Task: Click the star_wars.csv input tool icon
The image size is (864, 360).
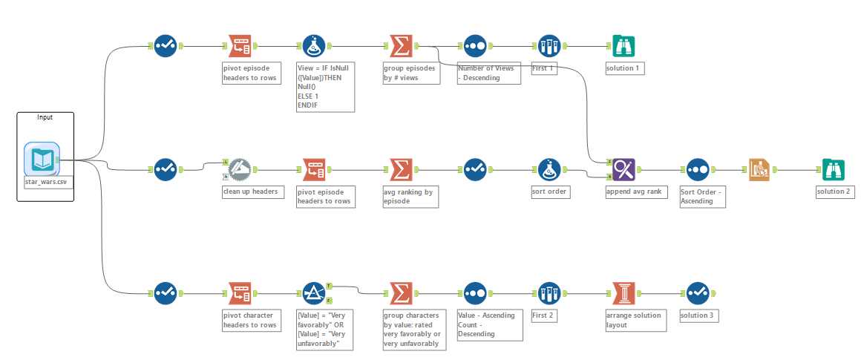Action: click(40, 158)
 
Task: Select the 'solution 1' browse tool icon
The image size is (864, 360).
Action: click(624, 46)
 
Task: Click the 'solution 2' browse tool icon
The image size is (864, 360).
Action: click(833, 169)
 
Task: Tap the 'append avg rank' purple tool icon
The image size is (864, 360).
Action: click(624, 169)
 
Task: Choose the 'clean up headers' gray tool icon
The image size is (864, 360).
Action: click(240, 169)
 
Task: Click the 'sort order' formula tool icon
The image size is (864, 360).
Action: click(550, 169)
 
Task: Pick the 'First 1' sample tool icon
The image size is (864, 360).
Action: click(550, 46)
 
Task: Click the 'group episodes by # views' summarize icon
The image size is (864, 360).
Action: click(401, 46)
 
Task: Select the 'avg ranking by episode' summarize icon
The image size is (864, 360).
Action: click(401, 169)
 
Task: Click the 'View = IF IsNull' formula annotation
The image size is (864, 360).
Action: click(324, 87)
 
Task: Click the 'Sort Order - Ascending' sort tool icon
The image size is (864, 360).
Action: click(698, 169)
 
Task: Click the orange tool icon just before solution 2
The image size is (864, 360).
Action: click(759, 169)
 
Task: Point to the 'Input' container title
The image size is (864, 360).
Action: click(45, 117)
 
